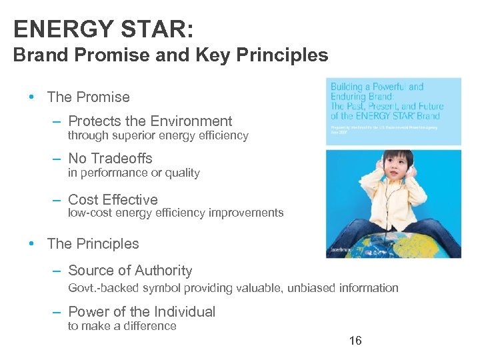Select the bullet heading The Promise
pos(89,97)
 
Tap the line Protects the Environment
pos(150,121)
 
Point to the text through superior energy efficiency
pos(158,135)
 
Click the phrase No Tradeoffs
pos(110,158)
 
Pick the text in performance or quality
pos(133,173)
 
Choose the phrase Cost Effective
pos(113,199)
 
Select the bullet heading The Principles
pos(93,243)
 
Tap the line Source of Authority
pos(130,270)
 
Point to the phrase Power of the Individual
pos(142,311)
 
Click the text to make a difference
pos(122,326)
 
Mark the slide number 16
pos(355,341)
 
